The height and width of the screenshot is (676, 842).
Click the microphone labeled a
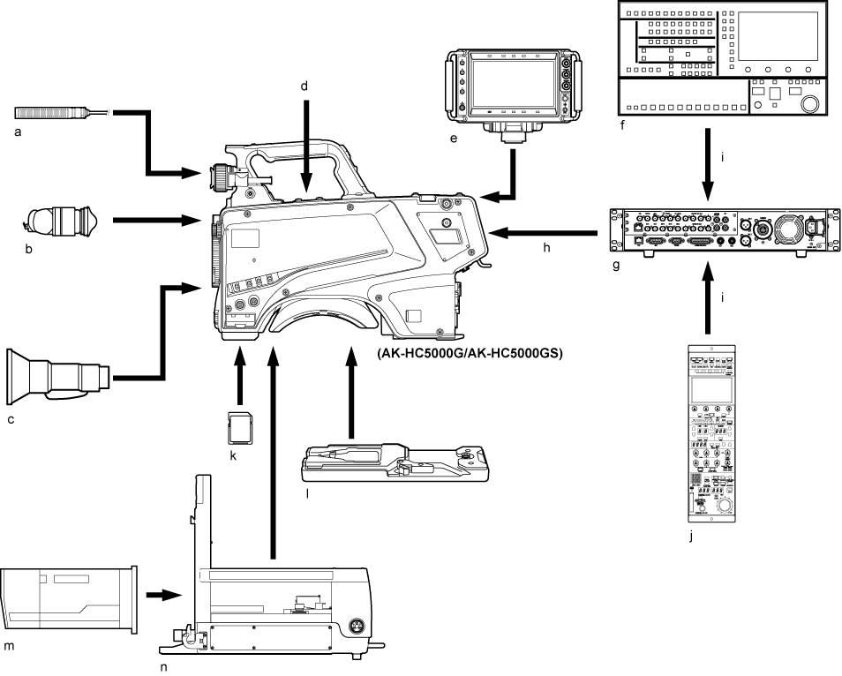coord(57,113)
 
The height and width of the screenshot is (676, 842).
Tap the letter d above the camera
coord(304,86)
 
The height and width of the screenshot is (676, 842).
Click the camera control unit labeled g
coord(722,231)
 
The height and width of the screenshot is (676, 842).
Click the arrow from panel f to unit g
coord(708,163)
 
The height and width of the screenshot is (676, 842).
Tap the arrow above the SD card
coord(236,375)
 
